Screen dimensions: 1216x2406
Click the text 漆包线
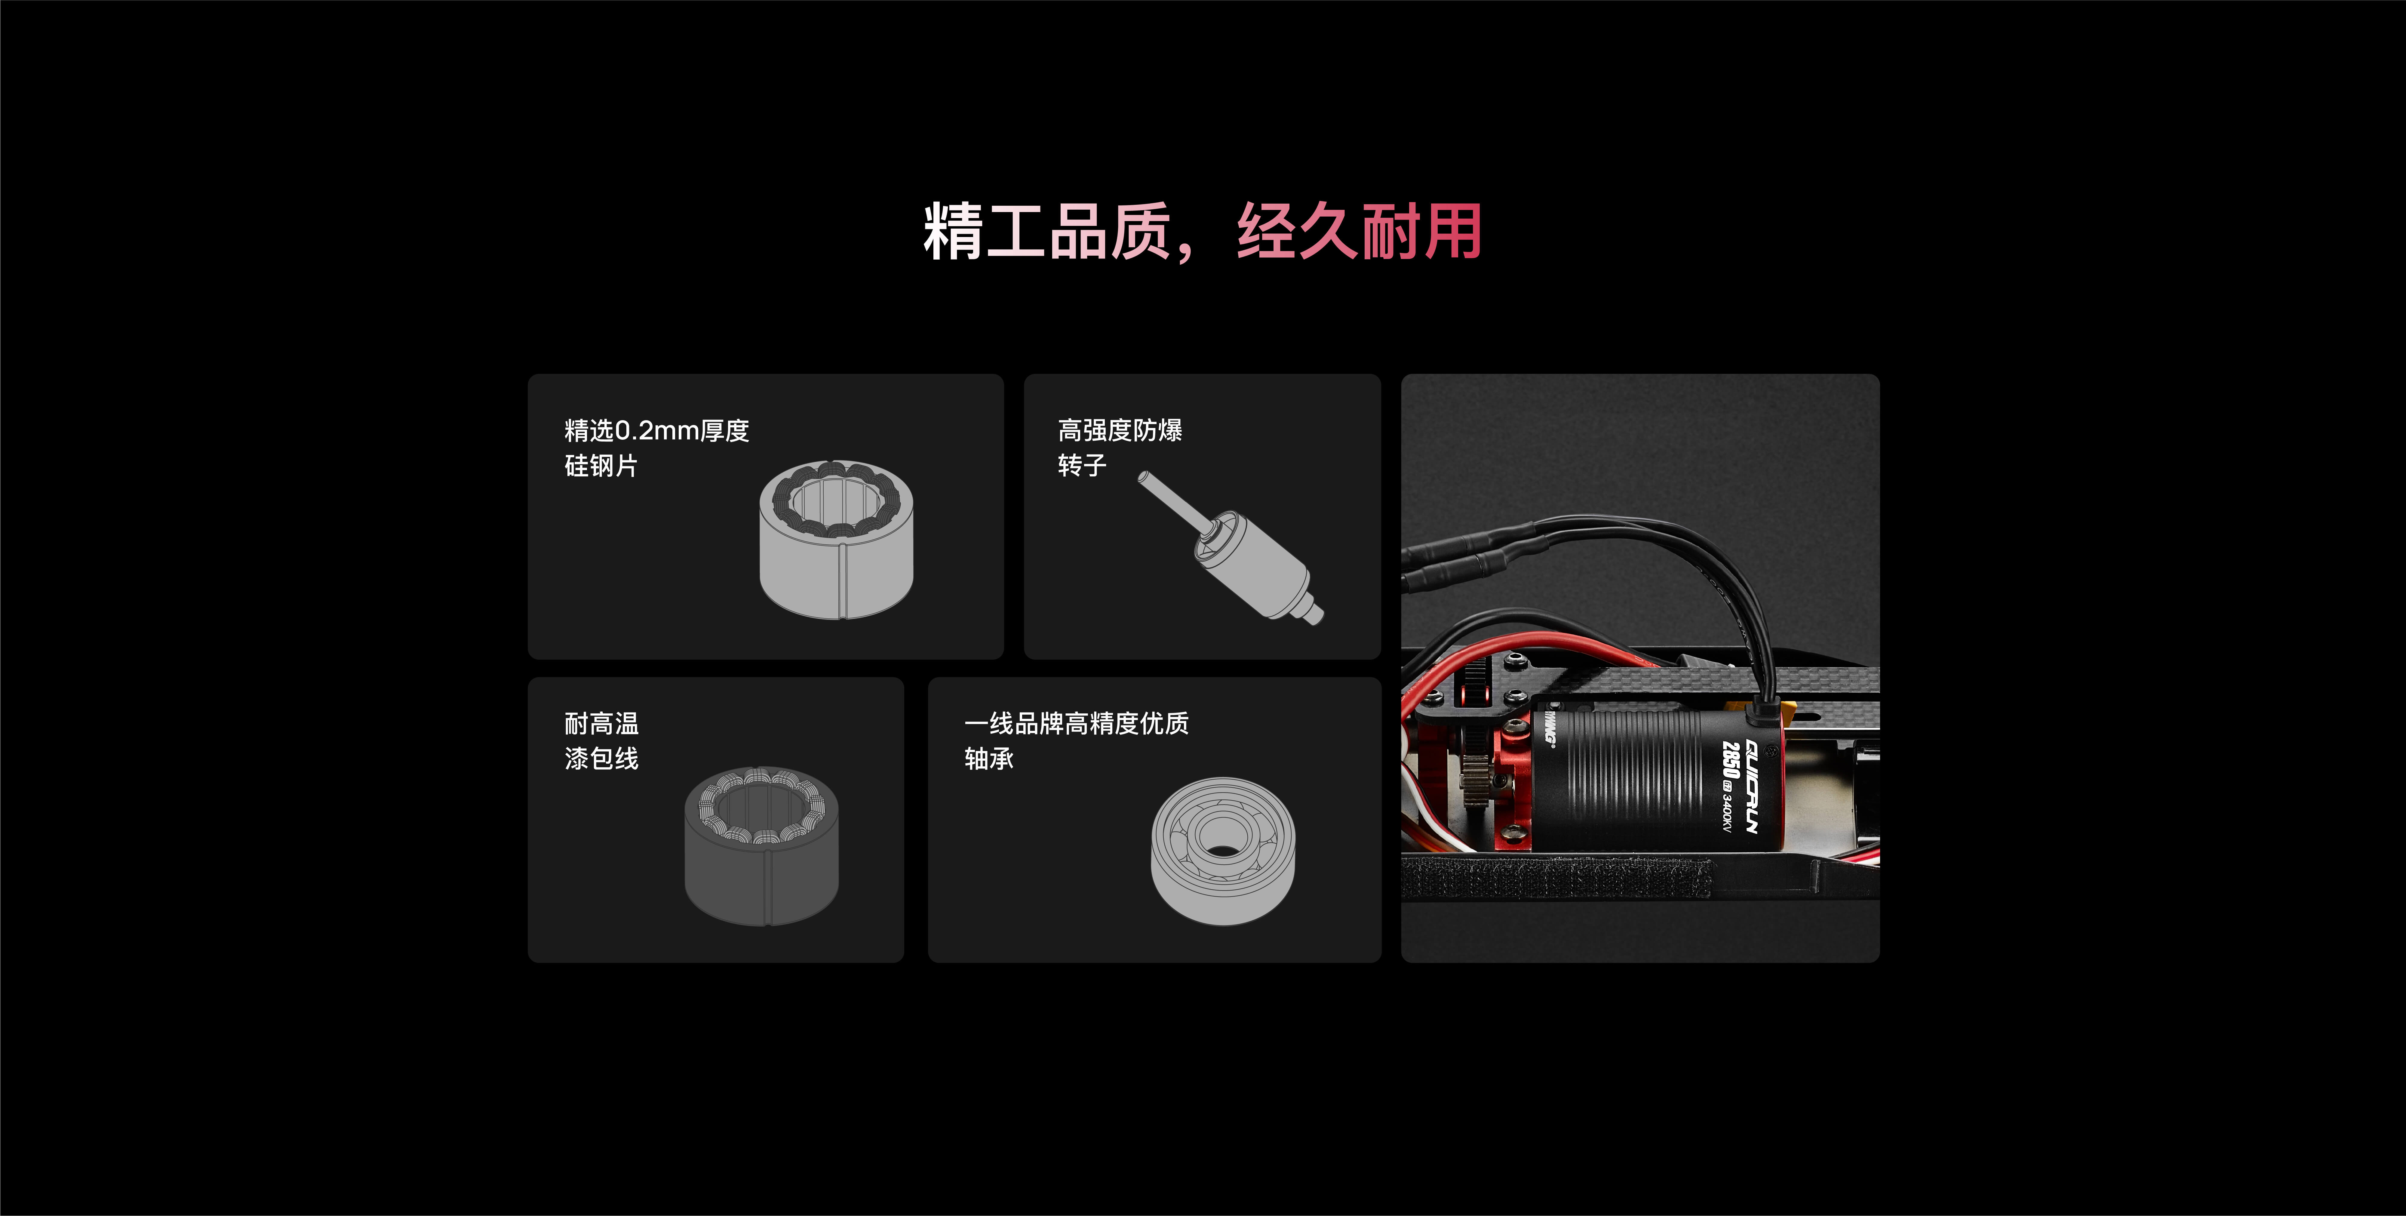tap(601, 758)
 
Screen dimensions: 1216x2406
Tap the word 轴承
tap(988, 758)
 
